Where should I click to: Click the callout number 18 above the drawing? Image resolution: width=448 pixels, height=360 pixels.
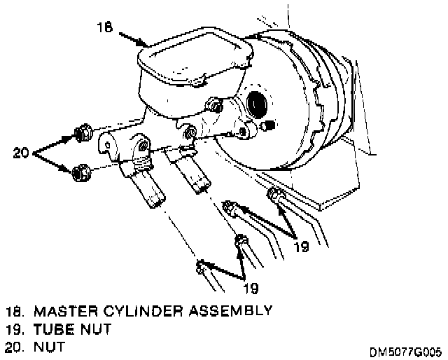[x=104, y=27]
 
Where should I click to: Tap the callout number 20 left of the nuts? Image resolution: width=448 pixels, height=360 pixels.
[x=20, y=151]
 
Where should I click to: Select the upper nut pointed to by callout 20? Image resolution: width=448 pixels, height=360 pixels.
[x=80, y=132]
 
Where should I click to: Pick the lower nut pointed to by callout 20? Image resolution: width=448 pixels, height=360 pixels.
[x=80, y=170]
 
